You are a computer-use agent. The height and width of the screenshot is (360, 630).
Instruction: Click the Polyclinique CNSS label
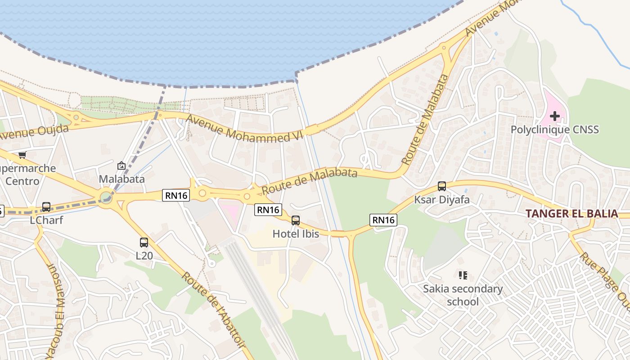coord(554,130)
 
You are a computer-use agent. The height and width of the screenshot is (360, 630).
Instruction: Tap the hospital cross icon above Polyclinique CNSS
coord(555,116)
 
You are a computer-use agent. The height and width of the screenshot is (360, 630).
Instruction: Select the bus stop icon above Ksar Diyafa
coord(442,186)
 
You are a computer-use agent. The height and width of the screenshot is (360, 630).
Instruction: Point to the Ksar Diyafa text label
coord(442,199)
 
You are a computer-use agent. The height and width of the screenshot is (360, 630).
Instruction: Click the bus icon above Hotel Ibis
coord(296,220)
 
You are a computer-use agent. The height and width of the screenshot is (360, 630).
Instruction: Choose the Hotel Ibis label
coord(296,234)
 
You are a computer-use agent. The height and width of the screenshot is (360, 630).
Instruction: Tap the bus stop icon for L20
coord(144,243)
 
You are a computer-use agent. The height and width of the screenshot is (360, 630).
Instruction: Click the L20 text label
coord(144,256)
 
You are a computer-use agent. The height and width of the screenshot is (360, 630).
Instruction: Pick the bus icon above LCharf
coord(46,207)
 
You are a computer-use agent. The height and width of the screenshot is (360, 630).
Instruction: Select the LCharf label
coord(46,220)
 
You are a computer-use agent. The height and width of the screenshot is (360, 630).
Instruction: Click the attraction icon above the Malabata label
coord(121,166)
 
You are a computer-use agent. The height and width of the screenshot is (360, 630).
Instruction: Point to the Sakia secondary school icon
coord(463,275)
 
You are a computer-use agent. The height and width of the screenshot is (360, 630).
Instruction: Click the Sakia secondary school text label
coord(463,295)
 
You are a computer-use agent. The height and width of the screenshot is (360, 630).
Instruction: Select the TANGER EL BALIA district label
coord(571,213)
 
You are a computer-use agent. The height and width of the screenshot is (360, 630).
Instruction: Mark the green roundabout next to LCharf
coord(106,197)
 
